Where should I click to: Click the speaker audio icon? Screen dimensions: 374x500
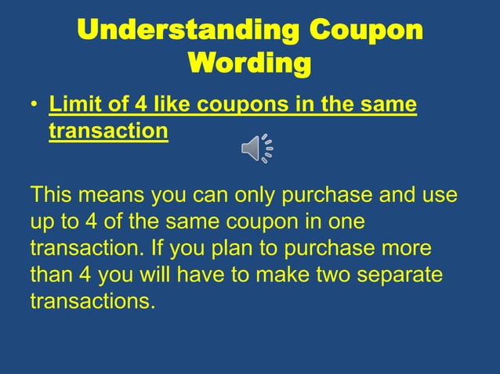coord(256,147)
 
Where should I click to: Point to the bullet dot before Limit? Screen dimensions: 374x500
coord(34,106)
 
